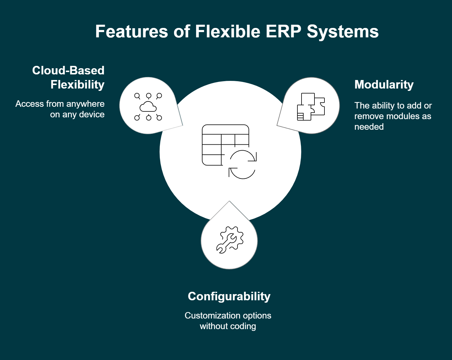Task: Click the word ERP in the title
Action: (283, 31)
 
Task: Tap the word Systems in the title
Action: (343, 32)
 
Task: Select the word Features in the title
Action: (131, 31)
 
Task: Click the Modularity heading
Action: (384, 85)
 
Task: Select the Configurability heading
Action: (229, 297)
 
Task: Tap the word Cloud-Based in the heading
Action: (68, 70)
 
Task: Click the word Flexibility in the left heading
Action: (77, 85)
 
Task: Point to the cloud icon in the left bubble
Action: (148, 106)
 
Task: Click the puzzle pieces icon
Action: (311, 106)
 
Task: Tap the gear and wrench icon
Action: (230, 240)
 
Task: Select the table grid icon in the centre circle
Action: (225, 145)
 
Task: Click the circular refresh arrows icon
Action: (242, 164)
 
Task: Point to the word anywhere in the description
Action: (86, 104)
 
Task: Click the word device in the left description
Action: (92, 114)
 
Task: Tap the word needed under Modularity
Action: (369, 127)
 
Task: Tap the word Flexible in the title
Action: (228, 31)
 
